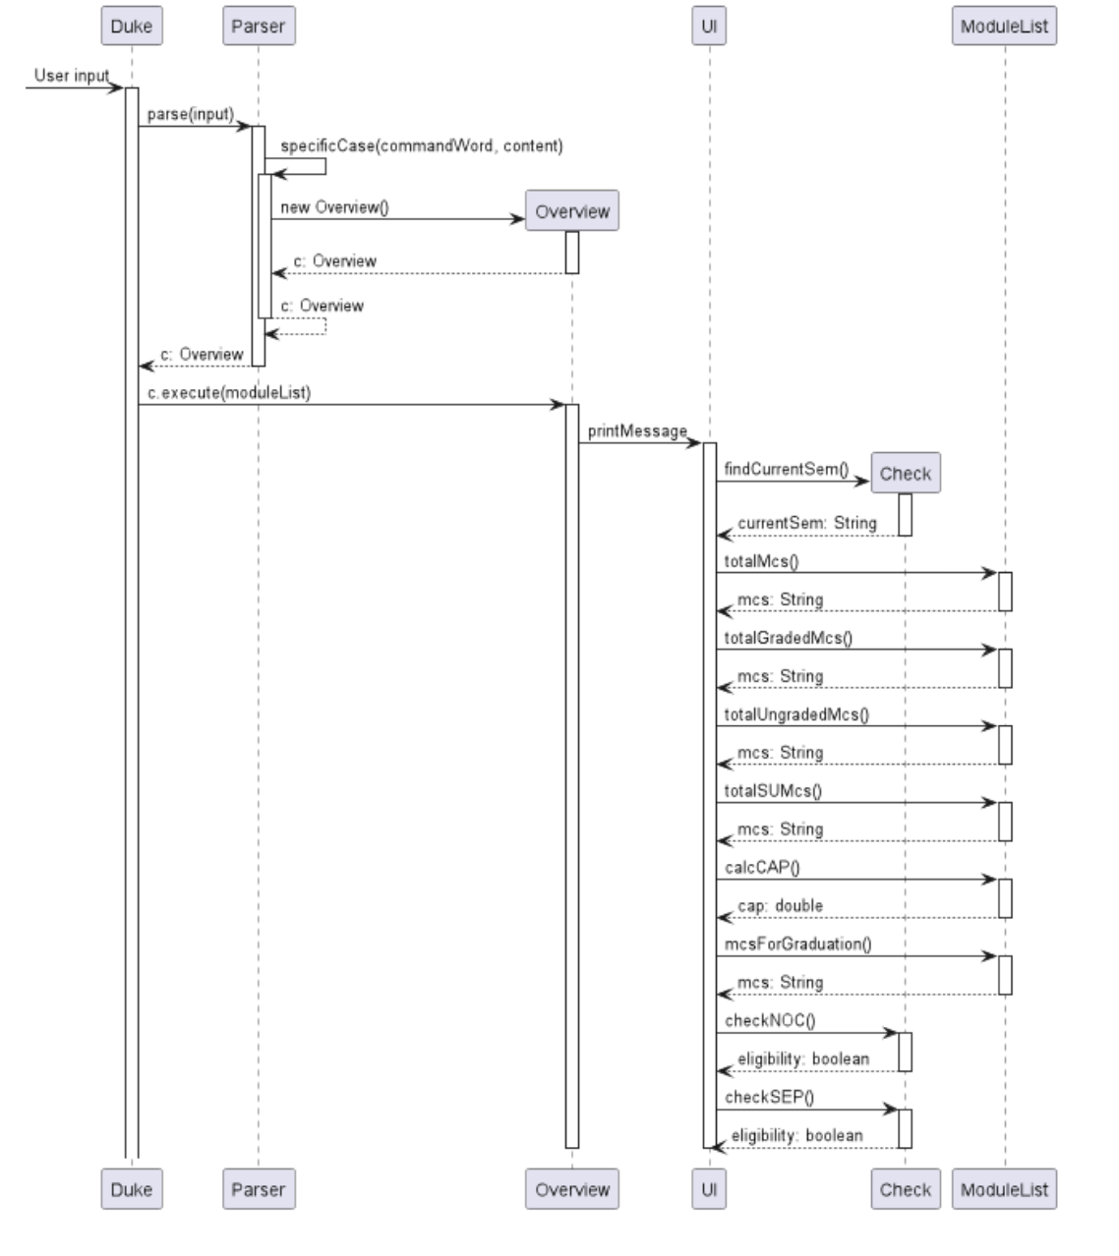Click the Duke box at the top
(132, 27)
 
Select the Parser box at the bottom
(258, 1189)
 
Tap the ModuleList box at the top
(1004, 27)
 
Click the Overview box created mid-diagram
(572, 211)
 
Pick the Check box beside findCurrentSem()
(905, 474)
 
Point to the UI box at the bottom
(709, 1189)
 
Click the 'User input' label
(72, 76)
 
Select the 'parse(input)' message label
(191, 115)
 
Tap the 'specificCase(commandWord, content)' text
(422, 146)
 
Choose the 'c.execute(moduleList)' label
(229, 393)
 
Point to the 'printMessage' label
(637, 431)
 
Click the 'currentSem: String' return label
(806, 523)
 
